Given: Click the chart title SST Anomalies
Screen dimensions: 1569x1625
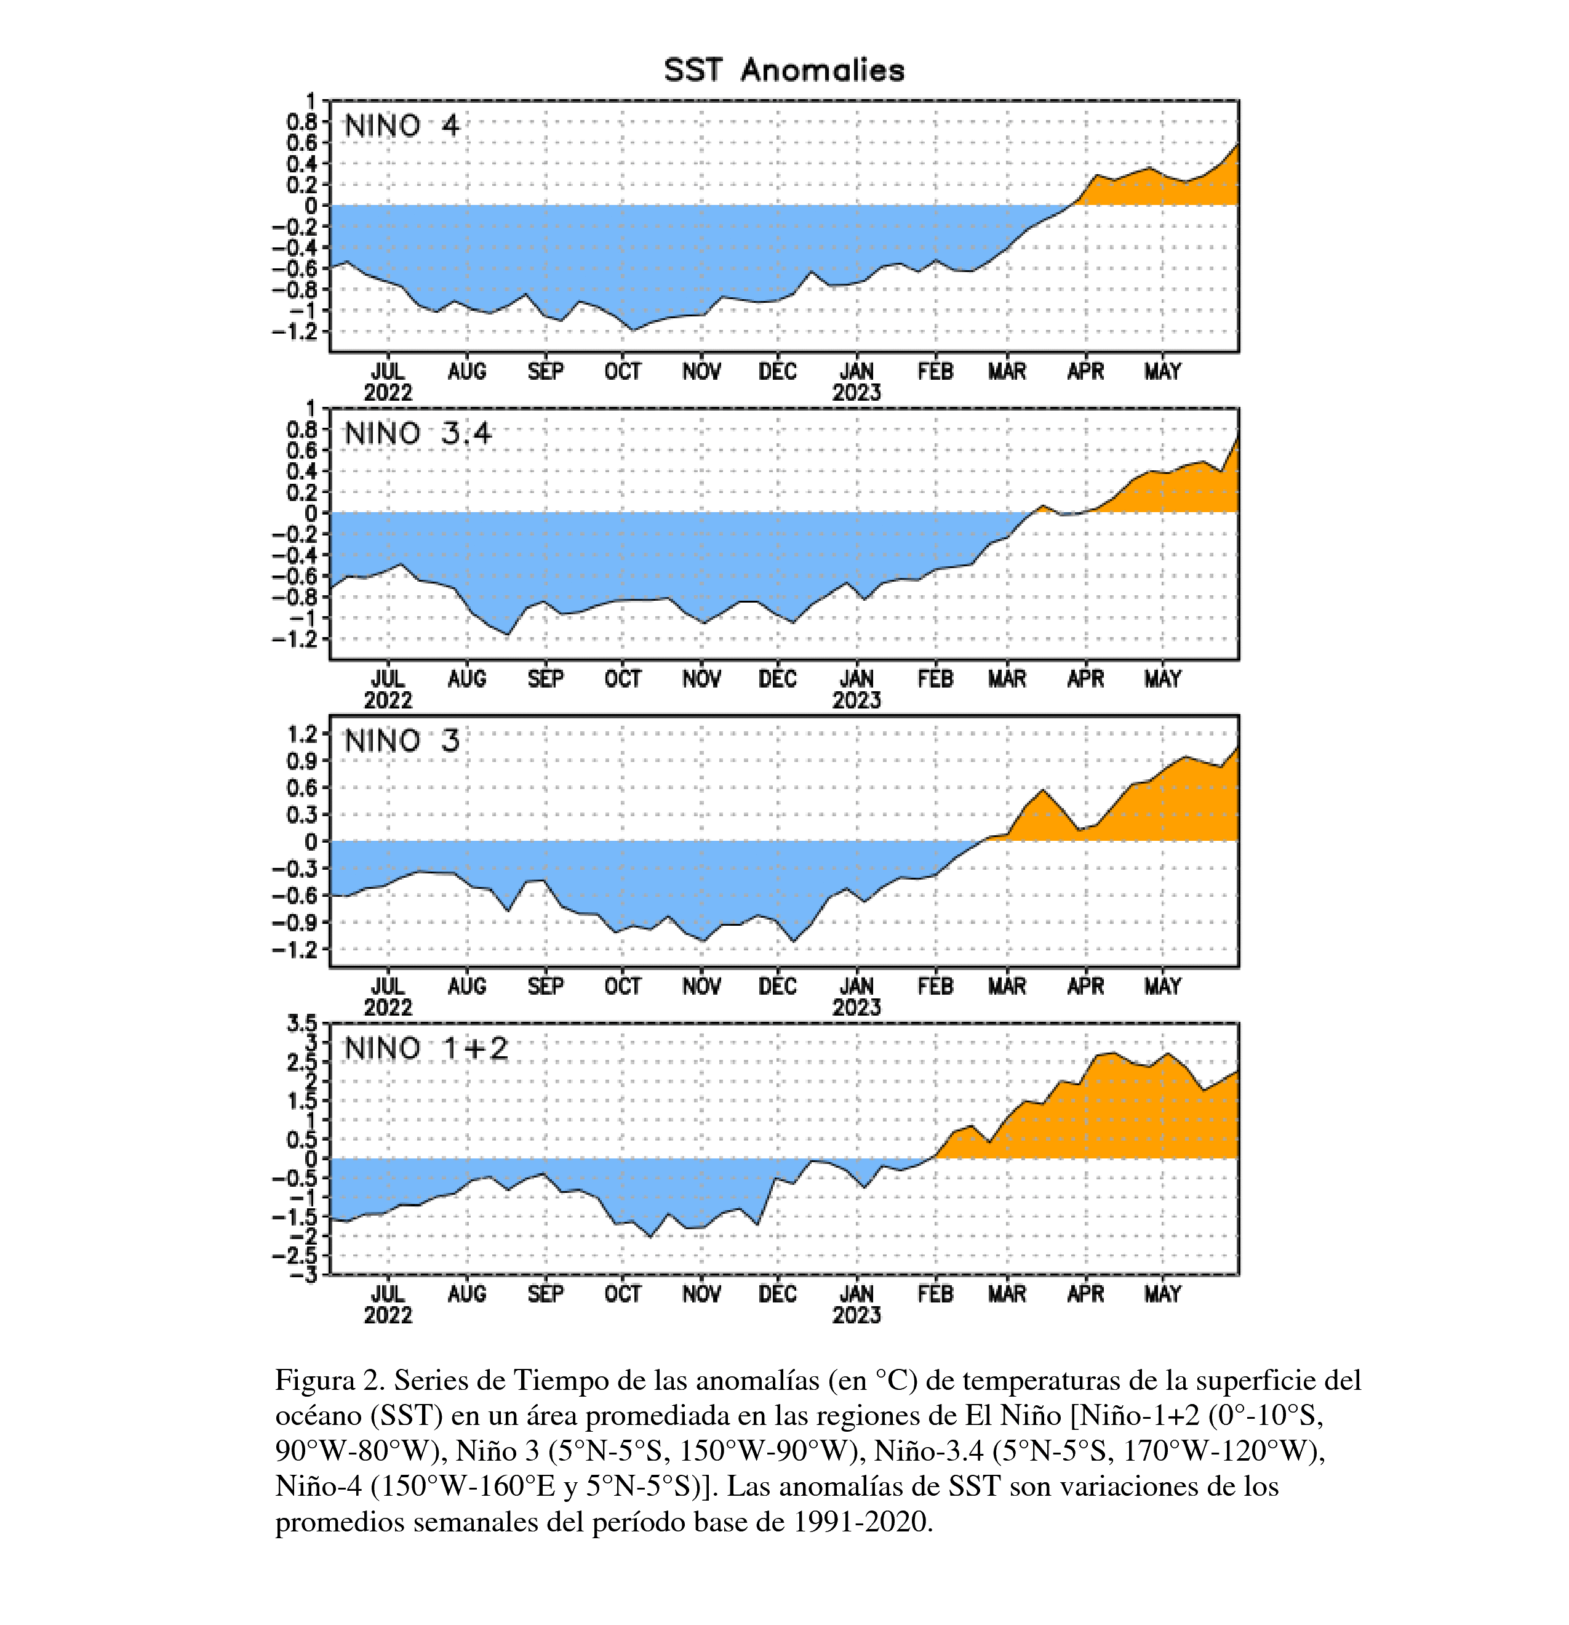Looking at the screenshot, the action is pos(783,70).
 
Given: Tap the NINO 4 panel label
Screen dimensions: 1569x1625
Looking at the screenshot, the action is pos(401,126).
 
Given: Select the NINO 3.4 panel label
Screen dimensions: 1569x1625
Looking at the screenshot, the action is pos(418,433).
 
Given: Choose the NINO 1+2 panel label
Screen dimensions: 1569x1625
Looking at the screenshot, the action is pos(426,1049).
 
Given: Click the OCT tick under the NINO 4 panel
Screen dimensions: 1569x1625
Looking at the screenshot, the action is pos(623,371).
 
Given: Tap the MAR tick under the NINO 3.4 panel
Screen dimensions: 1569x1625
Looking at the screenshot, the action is pos(1007,679).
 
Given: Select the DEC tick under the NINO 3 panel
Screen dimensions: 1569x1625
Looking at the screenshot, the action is pos(778,987).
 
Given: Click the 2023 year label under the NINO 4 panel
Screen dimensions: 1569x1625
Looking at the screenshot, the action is pos(856,393).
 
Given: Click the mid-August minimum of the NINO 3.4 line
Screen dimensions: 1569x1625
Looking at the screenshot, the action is pos(507,634).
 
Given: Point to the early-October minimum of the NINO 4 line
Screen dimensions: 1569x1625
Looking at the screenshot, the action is pos(633,330).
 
